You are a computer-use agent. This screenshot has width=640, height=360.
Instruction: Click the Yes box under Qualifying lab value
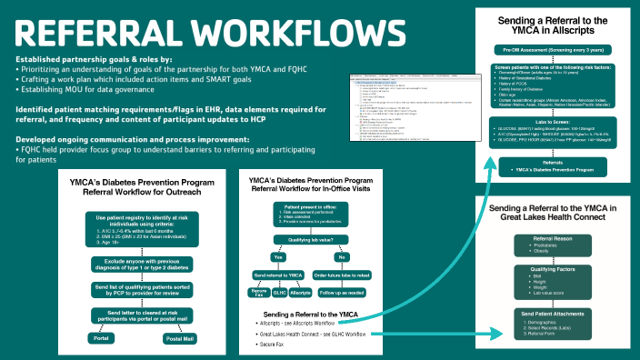click(x=278, y=256)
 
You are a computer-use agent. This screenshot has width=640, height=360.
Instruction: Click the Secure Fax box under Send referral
click(x=259, y=293)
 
